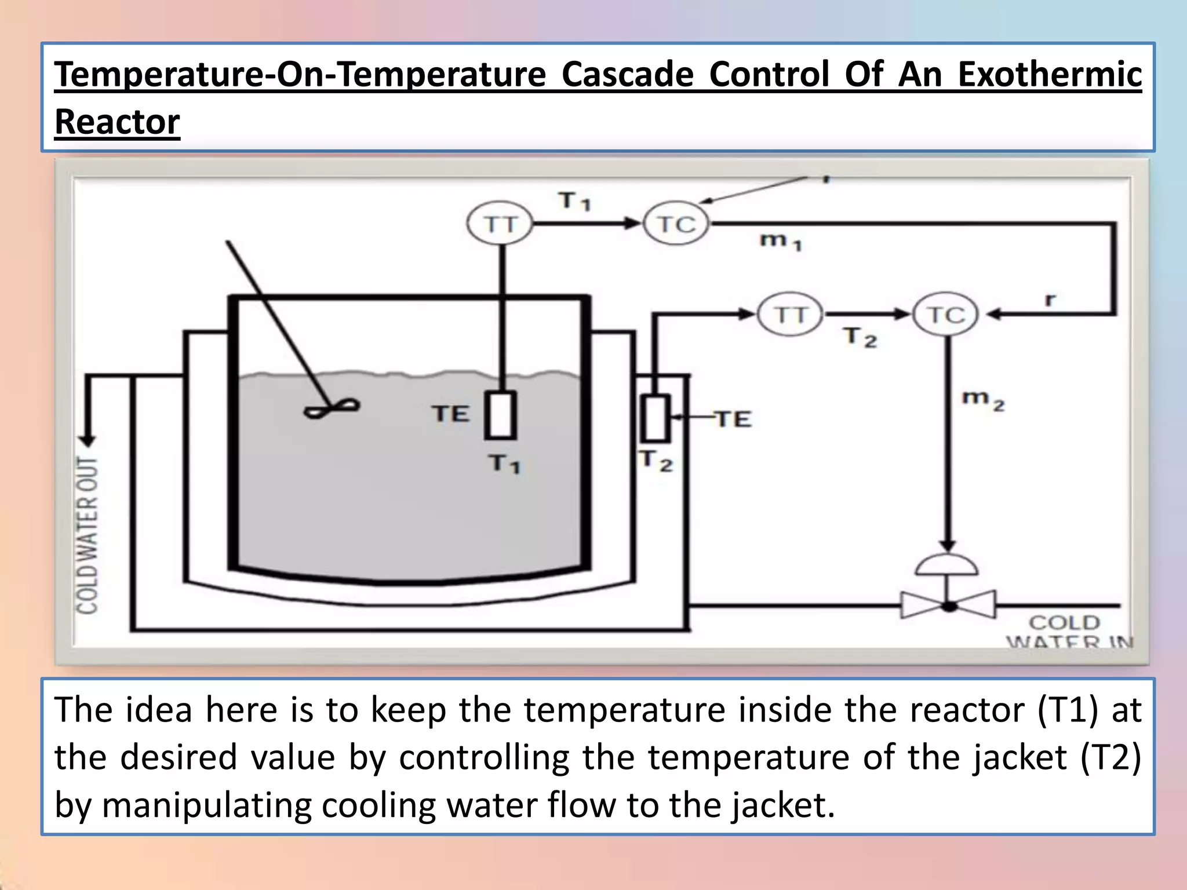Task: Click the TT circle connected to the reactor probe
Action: tap(500, 224)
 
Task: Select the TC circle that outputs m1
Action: tap(676, 224)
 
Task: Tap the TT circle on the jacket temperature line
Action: tap(790, 315)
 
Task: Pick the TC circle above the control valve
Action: tap(945, 315)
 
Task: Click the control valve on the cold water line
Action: tap(948, 606)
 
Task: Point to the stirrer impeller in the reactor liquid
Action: tap(332, 408)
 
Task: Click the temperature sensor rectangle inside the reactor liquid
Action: tap(501, 415)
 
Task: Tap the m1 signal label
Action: tap(780, 240)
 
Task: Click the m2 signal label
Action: tap(983, 400)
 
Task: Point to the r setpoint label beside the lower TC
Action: tap(1050, 300)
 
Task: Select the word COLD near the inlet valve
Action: tap(1064, 622)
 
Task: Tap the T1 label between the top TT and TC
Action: tap(574, 201)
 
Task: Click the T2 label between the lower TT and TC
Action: tap(860, 337)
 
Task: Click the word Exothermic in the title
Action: tap(1049, 75)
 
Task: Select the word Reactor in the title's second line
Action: tap(117, 122)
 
